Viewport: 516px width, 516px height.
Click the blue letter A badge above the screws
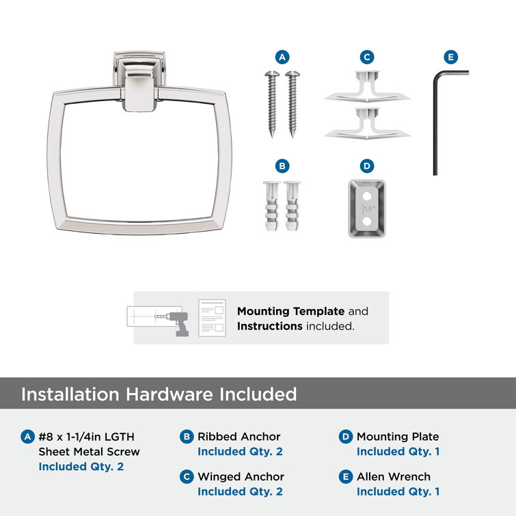282,57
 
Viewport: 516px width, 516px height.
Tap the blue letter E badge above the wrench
450,57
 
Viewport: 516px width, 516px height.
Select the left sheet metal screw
272,103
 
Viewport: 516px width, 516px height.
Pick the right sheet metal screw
293,103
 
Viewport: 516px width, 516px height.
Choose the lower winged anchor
367,124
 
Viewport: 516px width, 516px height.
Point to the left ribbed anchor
271,206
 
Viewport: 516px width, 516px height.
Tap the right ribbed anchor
293,206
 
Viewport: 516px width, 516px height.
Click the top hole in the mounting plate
367,197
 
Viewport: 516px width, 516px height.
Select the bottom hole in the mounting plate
367,221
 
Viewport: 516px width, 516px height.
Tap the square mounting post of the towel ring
139,81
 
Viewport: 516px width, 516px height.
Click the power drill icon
178,324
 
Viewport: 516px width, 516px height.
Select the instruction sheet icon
212,318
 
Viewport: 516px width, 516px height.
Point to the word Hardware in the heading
169,394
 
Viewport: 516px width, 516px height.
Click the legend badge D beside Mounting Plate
346,437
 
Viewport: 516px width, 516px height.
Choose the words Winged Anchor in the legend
241,476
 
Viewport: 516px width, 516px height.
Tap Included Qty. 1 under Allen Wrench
398,491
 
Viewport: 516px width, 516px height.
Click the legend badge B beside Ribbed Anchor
187,437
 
